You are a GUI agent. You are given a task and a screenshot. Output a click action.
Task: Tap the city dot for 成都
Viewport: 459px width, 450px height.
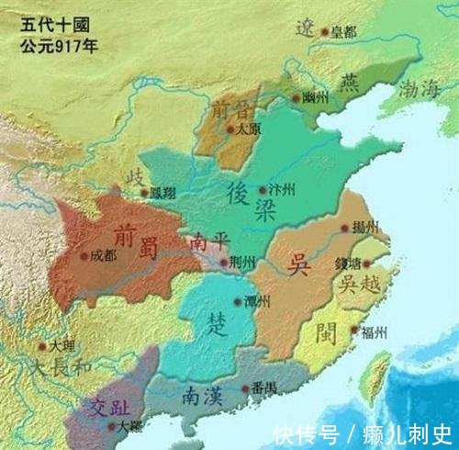[85, 256]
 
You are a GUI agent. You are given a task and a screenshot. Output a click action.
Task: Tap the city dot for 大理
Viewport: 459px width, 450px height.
[42, 347]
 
